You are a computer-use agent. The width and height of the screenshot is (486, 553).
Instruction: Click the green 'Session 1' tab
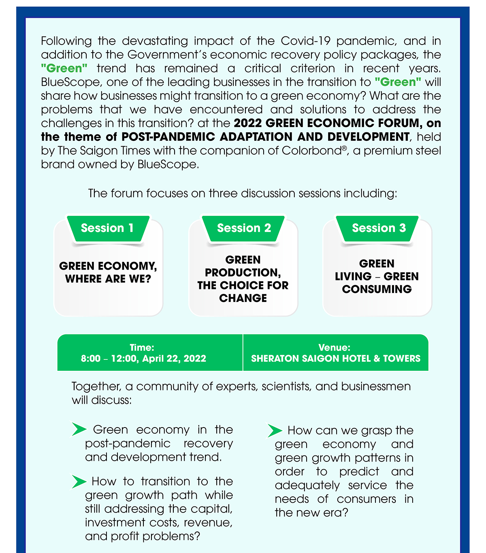(x=107, y=228)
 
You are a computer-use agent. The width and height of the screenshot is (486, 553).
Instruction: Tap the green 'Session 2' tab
(x=244, y=228)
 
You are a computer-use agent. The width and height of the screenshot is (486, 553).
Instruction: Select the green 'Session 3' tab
(x=379, y=228)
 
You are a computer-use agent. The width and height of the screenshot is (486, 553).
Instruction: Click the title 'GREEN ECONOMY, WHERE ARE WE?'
(x=108, y=272)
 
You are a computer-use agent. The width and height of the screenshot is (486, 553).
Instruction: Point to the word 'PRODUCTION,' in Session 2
(x=243, y=272)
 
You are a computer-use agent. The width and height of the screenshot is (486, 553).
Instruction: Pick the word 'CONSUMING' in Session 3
(x=377, y=289)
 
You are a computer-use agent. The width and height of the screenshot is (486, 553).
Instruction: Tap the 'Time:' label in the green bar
(x=142, y=347)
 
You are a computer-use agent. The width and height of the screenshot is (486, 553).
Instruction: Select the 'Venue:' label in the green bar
(x=335, y=347)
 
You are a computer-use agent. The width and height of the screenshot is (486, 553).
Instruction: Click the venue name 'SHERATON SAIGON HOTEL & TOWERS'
(x=336, y=359)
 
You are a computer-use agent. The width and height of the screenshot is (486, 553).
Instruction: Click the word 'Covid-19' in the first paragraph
(x=306, y=41)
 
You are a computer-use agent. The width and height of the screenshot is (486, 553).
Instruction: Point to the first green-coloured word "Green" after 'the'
(x=64, y=68)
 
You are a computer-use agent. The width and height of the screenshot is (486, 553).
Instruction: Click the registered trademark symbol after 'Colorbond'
(x=344, y=149)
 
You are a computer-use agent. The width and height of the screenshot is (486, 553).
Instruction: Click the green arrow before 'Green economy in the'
(x=79, y=429)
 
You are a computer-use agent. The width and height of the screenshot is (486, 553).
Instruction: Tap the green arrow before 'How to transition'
(x=79, y=481)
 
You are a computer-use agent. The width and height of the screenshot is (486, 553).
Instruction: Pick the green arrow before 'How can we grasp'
(x=275, y=430)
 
